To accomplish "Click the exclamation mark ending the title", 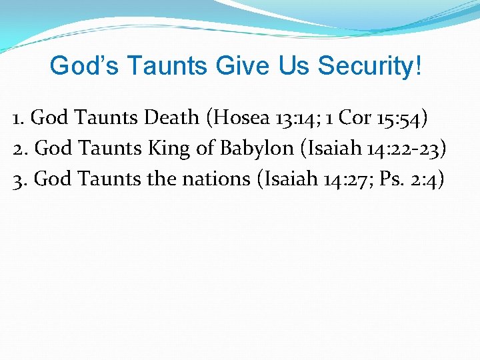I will [417, 66].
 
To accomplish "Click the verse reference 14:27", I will [335, 179].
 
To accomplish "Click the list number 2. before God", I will [20, 149].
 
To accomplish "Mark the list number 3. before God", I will [20, 179].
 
